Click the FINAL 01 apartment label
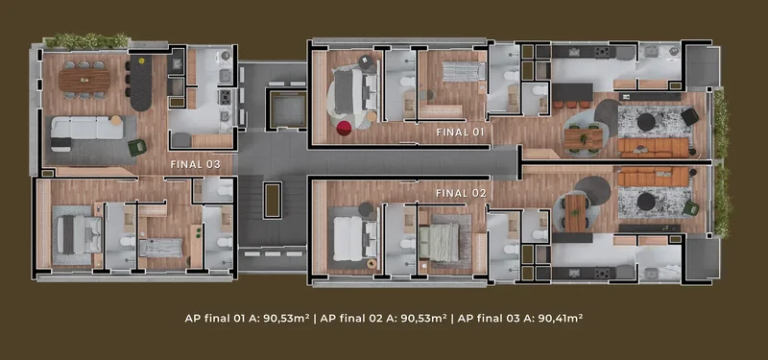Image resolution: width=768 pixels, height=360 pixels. point(460,132)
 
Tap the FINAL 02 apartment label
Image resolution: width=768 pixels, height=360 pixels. point(461,194)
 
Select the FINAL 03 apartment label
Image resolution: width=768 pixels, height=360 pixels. point(196,164)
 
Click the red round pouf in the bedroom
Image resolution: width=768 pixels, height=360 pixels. point(344,129)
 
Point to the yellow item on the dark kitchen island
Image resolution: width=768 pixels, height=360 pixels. point(141,61)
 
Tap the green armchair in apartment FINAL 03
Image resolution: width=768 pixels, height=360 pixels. point(137,147)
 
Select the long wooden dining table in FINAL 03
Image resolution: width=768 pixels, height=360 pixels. point(84,81)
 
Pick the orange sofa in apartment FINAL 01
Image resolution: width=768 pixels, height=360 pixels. point(654,147)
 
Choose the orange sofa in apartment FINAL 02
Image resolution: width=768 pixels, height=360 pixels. point(653,177)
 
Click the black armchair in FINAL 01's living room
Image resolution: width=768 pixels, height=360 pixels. point(689,116)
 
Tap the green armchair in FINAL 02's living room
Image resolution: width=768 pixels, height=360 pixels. point(690,208)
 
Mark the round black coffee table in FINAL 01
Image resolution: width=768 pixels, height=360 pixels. point(646,122)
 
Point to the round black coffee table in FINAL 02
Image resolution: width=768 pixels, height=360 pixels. point(646,202)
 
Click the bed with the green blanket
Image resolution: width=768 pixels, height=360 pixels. point(440,242)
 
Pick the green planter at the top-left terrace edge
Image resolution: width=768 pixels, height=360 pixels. point(86,40)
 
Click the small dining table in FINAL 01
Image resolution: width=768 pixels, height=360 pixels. point(583,137)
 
